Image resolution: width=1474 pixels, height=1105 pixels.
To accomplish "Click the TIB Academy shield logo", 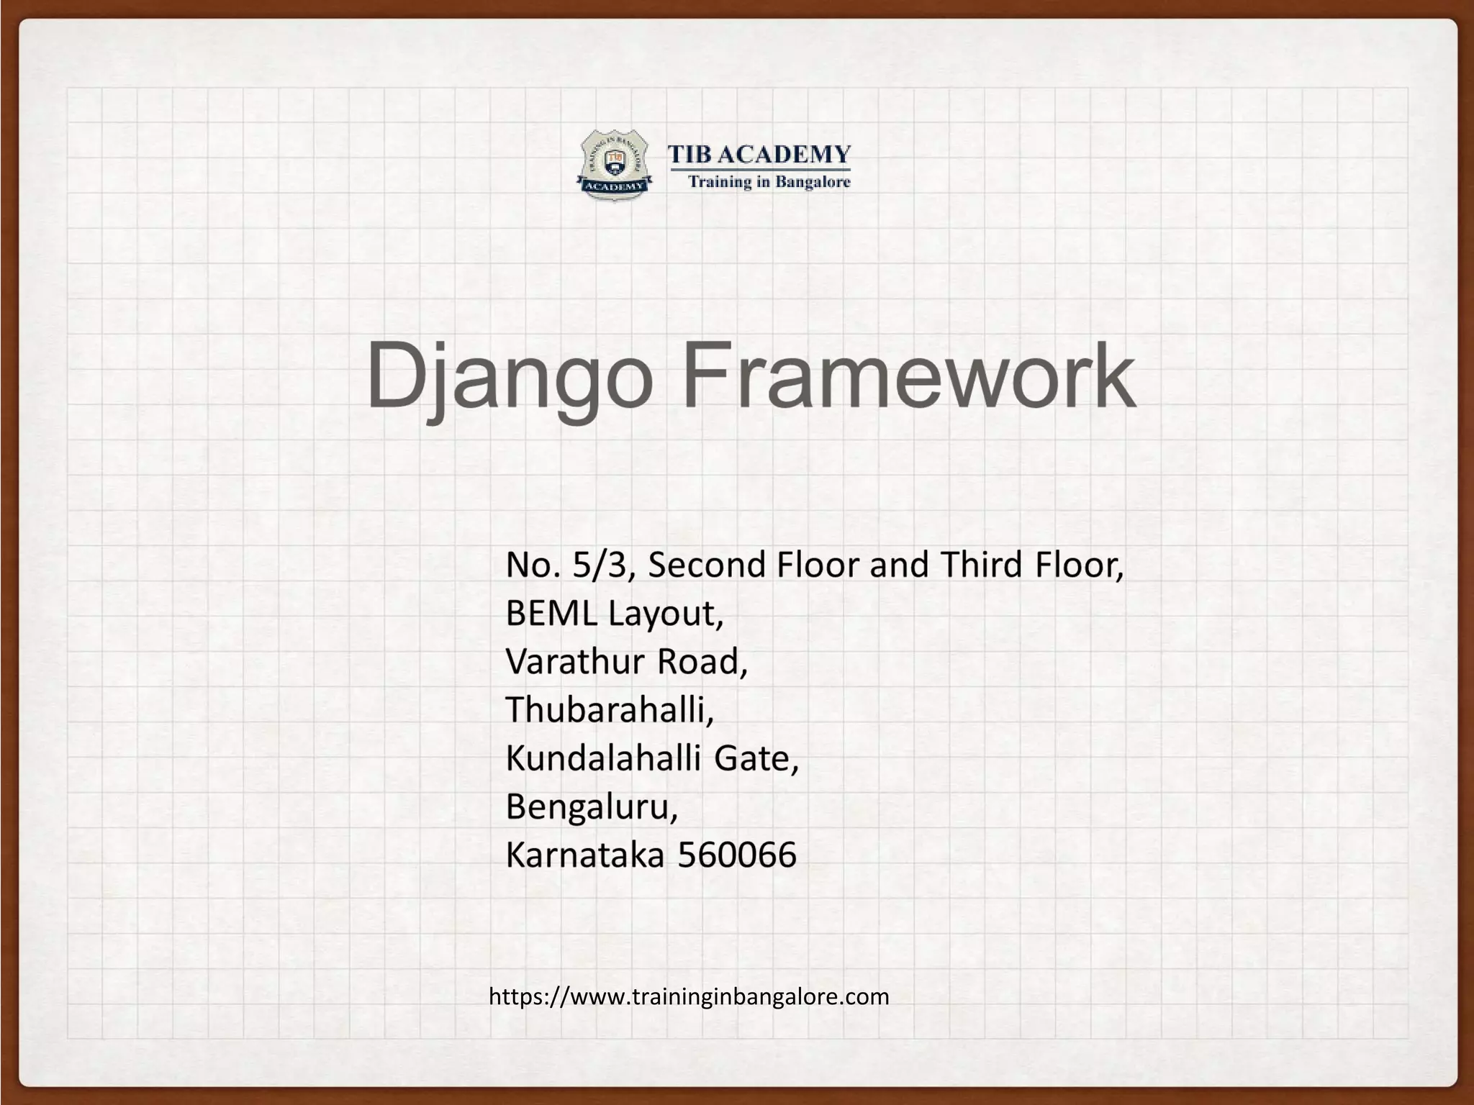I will click(614, 165).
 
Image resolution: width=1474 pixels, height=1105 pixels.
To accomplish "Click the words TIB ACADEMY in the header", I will click(759, 154).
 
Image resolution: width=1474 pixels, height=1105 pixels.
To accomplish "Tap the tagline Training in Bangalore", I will click(769, 182).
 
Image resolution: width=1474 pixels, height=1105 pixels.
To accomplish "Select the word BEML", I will click(551, 613).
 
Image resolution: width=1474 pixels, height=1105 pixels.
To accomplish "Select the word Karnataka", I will click(585, 855).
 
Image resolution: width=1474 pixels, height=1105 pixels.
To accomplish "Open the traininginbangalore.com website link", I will click(689, 996).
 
